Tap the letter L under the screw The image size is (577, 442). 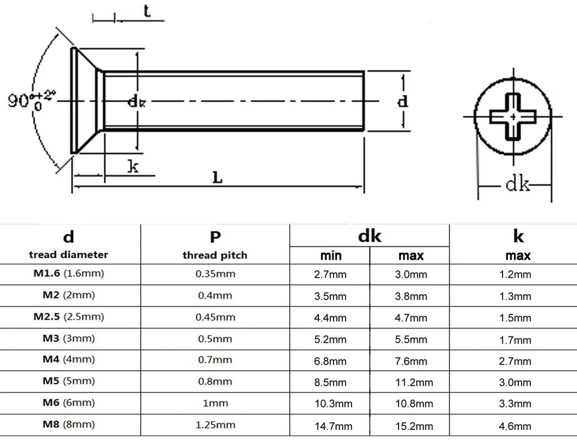(x=218, y=178)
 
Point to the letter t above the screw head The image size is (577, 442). (x=148, y=12)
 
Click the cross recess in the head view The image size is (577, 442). (x=512, y=116)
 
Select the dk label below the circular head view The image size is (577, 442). (x=518, y=185)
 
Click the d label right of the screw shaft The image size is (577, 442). (x=403, y=102)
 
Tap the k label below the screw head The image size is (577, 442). (x=133, y=168)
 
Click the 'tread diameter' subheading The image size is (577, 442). (x=69, y=254)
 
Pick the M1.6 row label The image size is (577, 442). (x=69, y=274)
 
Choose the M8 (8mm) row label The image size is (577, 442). (x=69, y=425)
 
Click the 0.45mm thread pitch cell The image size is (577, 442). (x=214, y=317)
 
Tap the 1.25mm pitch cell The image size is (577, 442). (x=214, y=425)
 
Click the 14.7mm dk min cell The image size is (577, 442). (x=331, y=426)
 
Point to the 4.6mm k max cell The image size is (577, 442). (x=515, y=426)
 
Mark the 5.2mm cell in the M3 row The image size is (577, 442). (x=331, y=340)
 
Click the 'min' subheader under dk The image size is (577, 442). (x=331, y=255)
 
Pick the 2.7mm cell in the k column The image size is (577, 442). (x=515, y=361)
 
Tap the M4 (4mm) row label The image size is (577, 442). (x=69, y=360)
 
